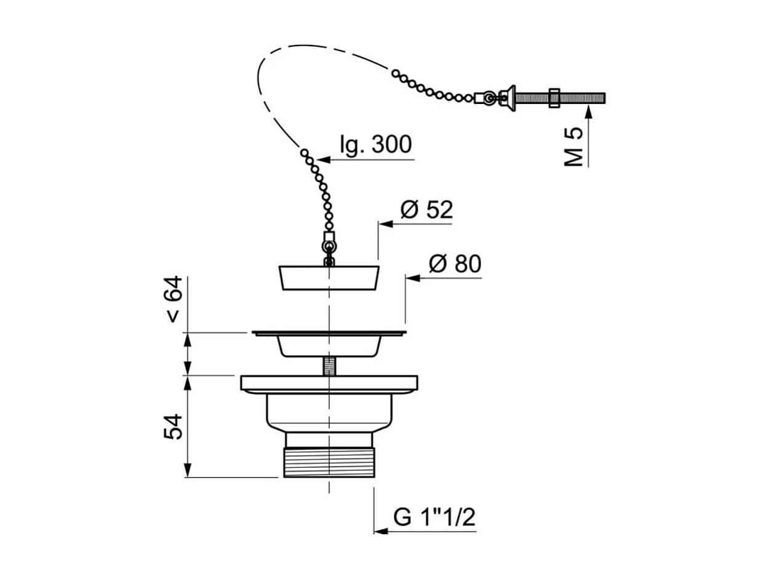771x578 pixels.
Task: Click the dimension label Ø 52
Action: (x=426, y=210)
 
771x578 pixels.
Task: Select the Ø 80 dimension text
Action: (x=455, y=264)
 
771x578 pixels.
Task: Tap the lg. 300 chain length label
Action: (x=376, y=145)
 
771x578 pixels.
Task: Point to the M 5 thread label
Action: (x=573, y=147)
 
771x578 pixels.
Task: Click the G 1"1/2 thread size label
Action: (x=434, y=517)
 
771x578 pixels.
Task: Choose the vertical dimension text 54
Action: (x=173, y=427)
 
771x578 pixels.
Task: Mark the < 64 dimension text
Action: (x=173, y=299)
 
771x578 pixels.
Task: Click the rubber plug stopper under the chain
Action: (x=329, y=278)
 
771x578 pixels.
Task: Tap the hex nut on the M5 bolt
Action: (x=554, y=98)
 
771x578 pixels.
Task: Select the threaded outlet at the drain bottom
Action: (x=329, y=462)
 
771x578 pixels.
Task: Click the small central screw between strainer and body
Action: (x=329, y=366)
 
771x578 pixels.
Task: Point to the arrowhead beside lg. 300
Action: (x=324, y=160)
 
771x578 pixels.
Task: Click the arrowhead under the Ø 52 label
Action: (x=386, y=224)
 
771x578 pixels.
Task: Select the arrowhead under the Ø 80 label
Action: (x=413, y=278)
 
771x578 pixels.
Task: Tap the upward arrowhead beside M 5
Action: (x=589, y=113)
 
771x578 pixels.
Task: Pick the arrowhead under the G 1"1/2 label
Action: (x=381, y=531)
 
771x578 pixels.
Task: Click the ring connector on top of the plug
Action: (x=329, y=247)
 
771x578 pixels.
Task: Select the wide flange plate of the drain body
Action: (x=329, y=384)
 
